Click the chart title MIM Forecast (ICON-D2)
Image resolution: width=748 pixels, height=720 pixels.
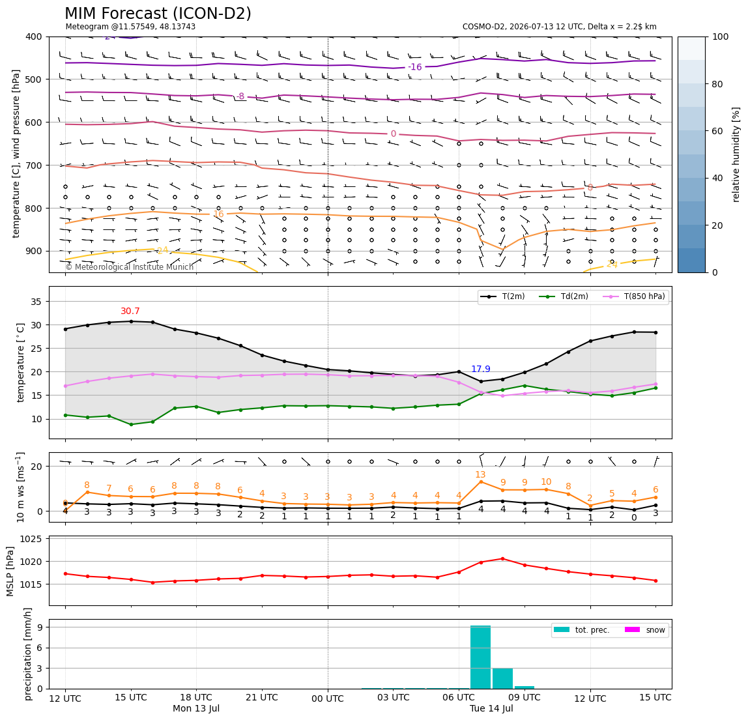[x=158, y=14]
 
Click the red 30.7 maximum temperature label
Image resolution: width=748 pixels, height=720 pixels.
[x=130, y=311]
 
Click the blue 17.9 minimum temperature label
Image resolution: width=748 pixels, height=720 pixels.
[x=481, y=369]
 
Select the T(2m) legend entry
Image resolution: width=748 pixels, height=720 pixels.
[x=503, y=296]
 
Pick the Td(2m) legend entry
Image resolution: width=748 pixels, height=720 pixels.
[x=564, y=296]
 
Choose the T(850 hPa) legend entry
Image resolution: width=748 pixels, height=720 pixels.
[x=634, y=296]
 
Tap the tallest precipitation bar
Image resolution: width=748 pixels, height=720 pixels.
[x=480, y=657]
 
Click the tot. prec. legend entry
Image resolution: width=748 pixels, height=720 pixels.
[x=581, y=630]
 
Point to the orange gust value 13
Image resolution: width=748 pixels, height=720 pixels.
[x=480, y=474]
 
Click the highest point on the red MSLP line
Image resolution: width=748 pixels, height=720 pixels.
[x=503, y=558]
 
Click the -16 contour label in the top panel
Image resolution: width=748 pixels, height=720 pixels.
[x=415, y=67]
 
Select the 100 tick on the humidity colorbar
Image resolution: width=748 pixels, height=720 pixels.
[x=721, y=36]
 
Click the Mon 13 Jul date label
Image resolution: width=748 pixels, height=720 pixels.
[x=196, y=708]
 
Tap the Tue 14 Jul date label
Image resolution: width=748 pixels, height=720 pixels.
[x=491, y=708]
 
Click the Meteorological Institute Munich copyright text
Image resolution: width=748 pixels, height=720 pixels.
[x=130, y=266]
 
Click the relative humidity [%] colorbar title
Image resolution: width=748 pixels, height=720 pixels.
[x=736, y=154]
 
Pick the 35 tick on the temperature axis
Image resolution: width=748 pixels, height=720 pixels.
[x=37, y=302]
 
